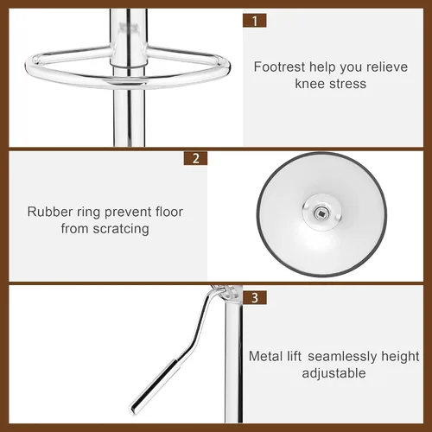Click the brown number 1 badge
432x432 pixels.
(x=254, y=21)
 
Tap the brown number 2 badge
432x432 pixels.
(x=195, y=158)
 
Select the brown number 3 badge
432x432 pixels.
(x=255, y=297)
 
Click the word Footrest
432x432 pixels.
(x=279, y=67)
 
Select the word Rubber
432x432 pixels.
(x=50, y=212)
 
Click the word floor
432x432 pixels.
(x=169, y=212)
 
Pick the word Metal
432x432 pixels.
(x=266, y=356)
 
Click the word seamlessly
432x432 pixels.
(x=342, y=357)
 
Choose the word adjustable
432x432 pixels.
(x=334, y=373)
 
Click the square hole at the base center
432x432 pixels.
(x=321, y=213)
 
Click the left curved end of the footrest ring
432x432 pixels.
(x=29, y=67)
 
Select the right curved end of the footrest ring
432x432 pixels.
(x=226, y=67)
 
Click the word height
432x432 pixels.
(x=400, y=357)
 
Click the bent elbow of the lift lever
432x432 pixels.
(x=194, y=341)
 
